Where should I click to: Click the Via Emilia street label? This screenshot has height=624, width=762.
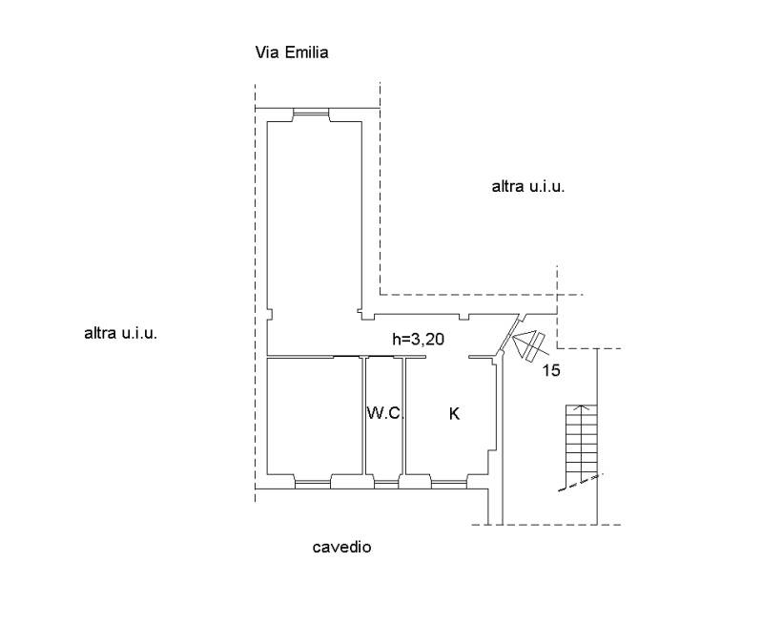pos(292,52)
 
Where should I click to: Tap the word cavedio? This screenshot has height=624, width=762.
pos(341,547)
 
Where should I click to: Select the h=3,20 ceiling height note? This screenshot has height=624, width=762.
pos(418,339)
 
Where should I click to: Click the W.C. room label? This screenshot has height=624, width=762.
pos(385,413)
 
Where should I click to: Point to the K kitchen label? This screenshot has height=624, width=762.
pos(454,414)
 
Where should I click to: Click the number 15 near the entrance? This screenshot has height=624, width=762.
pos(551,370)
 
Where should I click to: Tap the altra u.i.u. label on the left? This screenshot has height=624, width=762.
pos(120,334)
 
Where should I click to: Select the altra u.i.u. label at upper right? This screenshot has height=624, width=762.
pos(528,187)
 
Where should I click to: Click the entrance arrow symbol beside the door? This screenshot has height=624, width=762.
pos(530,344)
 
